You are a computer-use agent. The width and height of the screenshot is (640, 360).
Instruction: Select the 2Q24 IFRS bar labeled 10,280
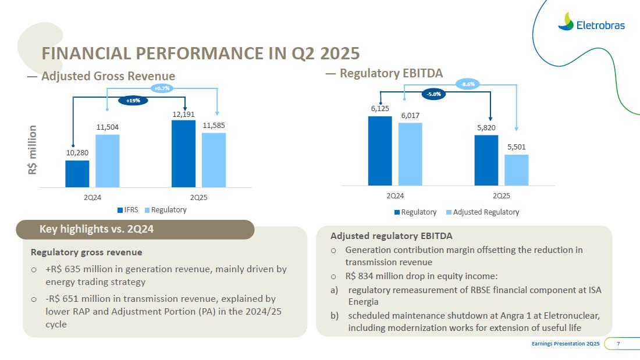click(77, 173)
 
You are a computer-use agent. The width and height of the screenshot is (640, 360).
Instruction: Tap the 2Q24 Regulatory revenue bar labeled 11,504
click(107, 161)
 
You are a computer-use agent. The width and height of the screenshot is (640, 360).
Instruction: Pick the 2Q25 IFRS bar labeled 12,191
click(183, 154)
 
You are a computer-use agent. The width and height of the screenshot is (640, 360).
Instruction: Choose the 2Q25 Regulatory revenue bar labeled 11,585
click(214, 160)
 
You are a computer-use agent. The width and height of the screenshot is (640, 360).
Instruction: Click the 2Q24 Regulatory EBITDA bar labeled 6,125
click(380, 151)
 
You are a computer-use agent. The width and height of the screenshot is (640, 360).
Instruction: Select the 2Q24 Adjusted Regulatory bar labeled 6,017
click(410, 154)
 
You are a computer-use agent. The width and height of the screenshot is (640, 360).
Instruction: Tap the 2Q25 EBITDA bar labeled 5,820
click(486, 160)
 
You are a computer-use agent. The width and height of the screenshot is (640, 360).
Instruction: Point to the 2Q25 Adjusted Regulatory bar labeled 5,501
click(516, 169)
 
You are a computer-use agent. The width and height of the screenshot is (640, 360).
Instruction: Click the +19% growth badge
click(133, 101)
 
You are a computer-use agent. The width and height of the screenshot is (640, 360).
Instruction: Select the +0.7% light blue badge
click(162, 88)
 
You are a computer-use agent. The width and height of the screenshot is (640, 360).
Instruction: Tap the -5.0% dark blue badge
click(434, 94)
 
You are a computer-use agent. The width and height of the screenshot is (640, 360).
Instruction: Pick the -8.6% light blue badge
click(468, 84)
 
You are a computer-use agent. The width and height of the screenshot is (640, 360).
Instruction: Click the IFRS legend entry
click(127, 210)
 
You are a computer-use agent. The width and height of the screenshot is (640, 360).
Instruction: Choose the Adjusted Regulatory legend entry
click(482, 212)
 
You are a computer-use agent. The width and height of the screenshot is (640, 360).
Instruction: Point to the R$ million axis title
click(33, 150)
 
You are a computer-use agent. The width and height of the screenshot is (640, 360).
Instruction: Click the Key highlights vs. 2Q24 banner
click(135, 229)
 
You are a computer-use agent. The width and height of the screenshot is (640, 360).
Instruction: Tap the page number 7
click(618, 344)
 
